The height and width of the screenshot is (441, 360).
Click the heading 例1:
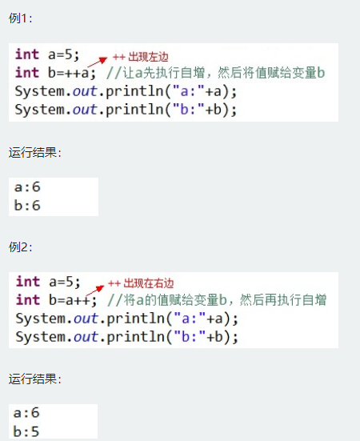coord(20,18)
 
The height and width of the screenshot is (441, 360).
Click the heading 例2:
coord(20,247)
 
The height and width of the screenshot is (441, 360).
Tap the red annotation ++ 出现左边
coord(141,57)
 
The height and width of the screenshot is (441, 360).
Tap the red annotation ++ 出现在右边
coord(141,283)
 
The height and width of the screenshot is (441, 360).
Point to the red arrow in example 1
coord(98,62)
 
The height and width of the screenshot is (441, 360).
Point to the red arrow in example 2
coord(95,291)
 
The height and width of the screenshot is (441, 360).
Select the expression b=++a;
coord(72,73)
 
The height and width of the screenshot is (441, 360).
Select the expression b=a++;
coord(73,300)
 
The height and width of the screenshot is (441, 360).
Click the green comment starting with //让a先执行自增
coord(216,73)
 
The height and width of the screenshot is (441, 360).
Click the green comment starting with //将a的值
coord(217,300)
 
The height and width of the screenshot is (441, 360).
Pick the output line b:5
coord(26,431)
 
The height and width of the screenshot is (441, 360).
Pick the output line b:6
coord(27,205)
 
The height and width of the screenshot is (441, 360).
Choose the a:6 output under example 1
coord(27,186)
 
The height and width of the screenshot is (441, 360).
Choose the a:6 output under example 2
coord(26,413)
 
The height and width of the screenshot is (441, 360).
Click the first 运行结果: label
coord(35,152)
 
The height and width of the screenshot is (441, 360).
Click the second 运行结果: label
coord(35,379)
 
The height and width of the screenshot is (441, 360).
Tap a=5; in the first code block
coord(64,54)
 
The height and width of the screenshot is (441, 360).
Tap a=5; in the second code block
coord(65,282)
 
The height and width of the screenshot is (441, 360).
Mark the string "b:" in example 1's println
coord(189,109)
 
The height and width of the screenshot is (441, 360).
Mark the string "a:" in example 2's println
coord(190,319)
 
